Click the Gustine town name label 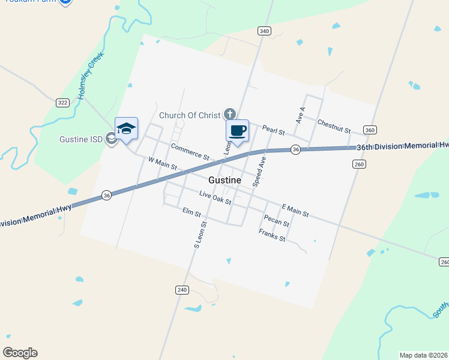tap(225, 180)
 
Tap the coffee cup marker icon tap(237, 131)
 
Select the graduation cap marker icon tap(126, 128)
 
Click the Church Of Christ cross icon tap(229, 114)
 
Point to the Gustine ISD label tap(81, 139)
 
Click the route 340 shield tap(264, 31)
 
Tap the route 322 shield tap(62, 103)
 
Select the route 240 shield tap(182, 290)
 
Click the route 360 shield tap(370, 130)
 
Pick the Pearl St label tap(273, 130)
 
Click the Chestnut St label tap(334, 125)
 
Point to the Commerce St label tap(190, 151)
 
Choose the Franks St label tap(272, 235)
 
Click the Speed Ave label tap(259, 172)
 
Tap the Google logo tap(20, 353)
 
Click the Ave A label tap(301, 115)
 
